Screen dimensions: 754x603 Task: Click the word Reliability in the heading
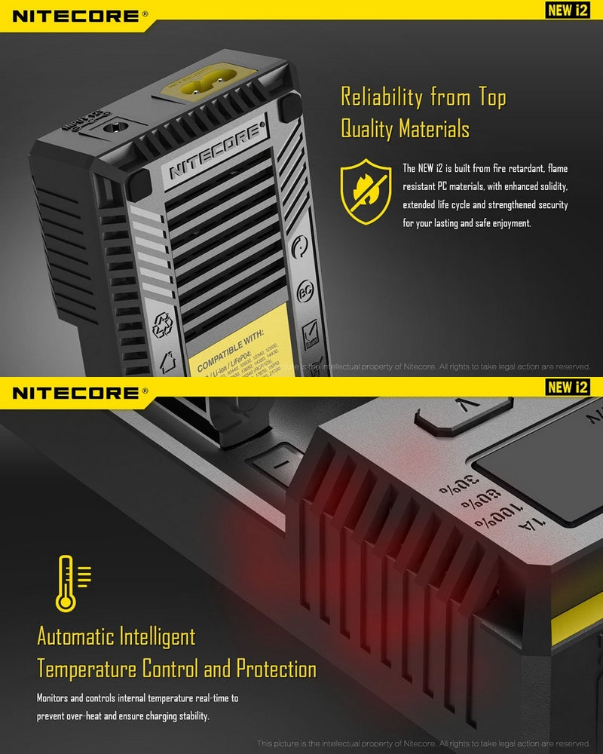[382, 97]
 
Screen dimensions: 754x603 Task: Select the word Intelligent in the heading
[158, 636]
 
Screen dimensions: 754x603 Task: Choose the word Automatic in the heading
[74, 636]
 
